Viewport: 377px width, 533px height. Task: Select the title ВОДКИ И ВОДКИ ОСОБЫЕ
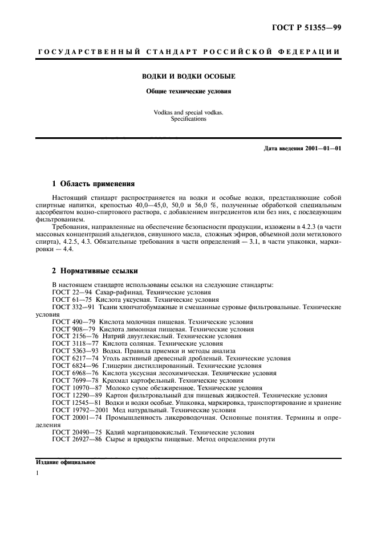[x=188, y=76]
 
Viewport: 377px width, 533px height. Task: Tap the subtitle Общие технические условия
[x=188, y=91]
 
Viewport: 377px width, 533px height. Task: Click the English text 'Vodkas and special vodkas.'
[x=188, y=112]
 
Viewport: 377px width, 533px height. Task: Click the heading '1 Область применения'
[x=93, y=184]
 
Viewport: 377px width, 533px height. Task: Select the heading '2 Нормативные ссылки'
[x=94, y=271]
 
